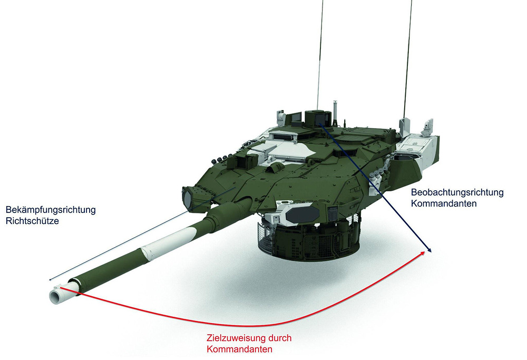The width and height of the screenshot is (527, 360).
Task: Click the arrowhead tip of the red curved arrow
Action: pyautogui.click(x=424, y=252)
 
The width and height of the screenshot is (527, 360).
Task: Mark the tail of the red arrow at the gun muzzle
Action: pyautogui.click(x=60, y=288)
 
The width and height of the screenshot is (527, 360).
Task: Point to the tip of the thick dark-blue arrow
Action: pyautogui.click(x=431, y=252)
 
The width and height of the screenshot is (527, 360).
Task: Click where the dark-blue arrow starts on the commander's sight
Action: pyautogui.click(x=320, y=124)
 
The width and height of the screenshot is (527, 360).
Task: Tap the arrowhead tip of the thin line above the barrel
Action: pyautogui.click(x=50, y=279)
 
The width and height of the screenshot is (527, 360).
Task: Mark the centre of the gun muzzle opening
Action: pyautogui.click(x=54, y=296)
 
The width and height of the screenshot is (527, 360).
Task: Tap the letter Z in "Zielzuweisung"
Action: pyautogui.click(x=210, y=338)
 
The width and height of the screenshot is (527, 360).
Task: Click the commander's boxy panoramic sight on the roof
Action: pyautogui.click(x=318, y=118)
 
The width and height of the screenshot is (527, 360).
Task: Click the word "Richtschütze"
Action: pyautogui.click(x=32, y=221)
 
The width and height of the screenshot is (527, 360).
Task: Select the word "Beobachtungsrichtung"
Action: pyautogui.click(x=457, y=192)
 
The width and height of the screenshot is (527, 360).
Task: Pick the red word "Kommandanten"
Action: pyautogui.click(x=239, y=349)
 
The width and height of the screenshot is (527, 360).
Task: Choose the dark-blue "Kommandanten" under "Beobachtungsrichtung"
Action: pyautogui.click(x=444, y=203)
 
